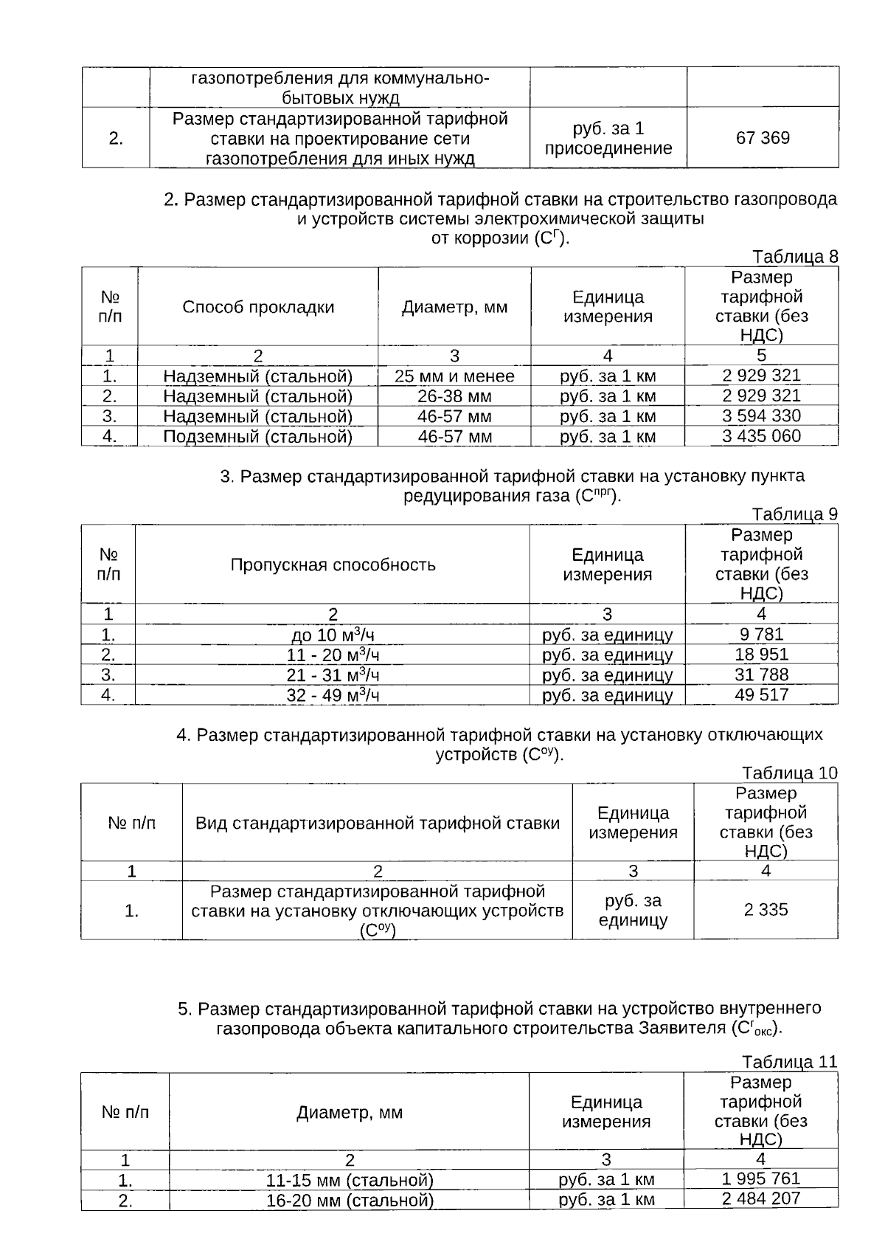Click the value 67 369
(x=763, y=138)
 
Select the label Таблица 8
(x=795, y=257)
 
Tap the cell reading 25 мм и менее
(x=454, y=376)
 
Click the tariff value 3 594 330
(x=761, y=415)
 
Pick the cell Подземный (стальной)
(x=257, y=436)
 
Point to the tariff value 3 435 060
(x=761, y=435)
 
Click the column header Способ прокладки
(x=258, y=307)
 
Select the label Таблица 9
(x=795, y=514)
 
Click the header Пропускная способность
(x=333, y=565)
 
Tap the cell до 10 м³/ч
(x=333, y=635)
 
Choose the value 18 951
(x=761, y=654)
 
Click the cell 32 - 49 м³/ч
(x=333, y=695)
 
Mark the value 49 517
(x=761, y=694)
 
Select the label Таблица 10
(x=790, y=773)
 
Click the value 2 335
(x=766, y=910)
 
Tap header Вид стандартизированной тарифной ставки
(x=378, y=823)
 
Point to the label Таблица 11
(x=790, y=1062)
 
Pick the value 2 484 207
(x=761, y=1198)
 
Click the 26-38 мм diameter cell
(x=454, y=396)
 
